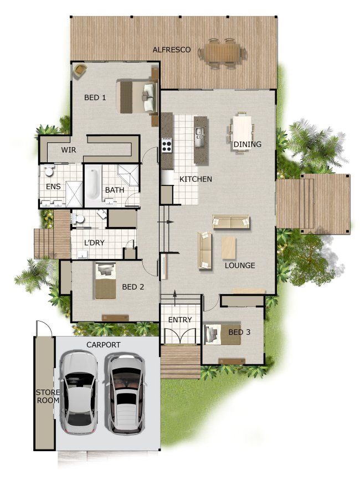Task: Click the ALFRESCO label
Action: click(x=172, y=50)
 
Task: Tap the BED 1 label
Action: click(x=95, y=98)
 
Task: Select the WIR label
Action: click(x=69, y=150)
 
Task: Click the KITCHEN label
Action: click(x=196, y=179)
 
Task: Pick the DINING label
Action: click(x=247, y=144)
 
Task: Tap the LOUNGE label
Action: click(x=240, y=266)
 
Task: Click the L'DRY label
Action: click(x=95, y=242)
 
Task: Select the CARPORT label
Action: click(x=103, y=344)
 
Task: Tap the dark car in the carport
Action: click(x=125, y=393)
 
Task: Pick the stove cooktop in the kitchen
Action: click(x=167, y=145)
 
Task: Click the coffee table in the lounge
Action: click(x=229, y=247)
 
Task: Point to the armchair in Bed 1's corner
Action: click(x=81, y=70)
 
